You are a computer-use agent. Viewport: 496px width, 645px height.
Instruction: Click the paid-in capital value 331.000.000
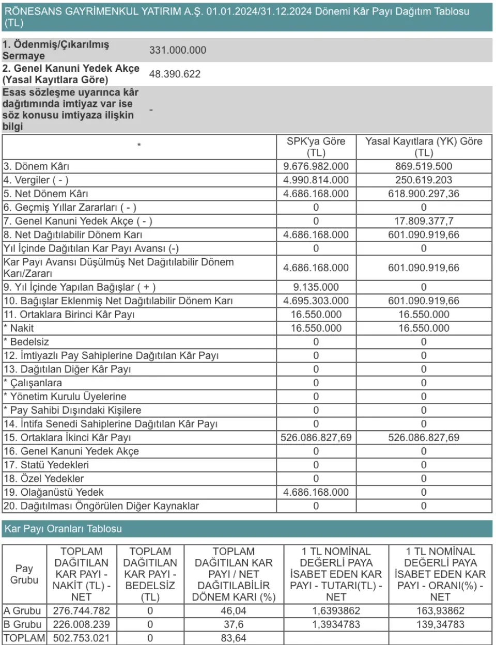point(177,50)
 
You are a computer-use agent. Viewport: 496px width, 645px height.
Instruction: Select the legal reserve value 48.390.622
point(175,74)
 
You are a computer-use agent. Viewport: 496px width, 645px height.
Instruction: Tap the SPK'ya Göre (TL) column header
point(316,147)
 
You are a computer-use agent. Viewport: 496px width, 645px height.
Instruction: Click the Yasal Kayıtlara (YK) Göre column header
point(424,147)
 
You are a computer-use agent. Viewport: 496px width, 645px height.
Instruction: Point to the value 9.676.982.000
point(316,166)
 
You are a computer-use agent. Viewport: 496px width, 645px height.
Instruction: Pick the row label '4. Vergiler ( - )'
point(36,180)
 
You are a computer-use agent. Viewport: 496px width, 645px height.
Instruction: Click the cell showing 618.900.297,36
point(424,194)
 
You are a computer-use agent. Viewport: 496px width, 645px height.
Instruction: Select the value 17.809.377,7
point(424,221)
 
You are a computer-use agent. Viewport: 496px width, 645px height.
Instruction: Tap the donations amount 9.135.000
point(316,287)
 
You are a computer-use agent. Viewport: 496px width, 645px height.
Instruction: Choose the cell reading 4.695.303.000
point(316,301)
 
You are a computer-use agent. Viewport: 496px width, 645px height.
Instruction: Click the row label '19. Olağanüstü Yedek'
point(54,492)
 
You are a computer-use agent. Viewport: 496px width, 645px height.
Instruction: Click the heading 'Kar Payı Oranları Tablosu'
point(63,529)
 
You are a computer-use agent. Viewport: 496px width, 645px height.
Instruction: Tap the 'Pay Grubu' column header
point(24,574)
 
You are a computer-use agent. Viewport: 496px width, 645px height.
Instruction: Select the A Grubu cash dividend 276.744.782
point(81,610)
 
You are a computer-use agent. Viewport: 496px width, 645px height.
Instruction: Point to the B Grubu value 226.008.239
point(81,624)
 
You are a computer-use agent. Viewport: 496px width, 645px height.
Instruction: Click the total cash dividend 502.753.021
point(81,638)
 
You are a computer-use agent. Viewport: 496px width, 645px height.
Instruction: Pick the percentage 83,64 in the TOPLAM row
point(234,638)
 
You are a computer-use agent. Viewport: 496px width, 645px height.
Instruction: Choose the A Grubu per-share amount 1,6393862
point(336,610)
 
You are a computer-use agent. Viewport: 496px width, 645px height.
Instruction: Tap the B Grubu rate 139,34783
point(440,624)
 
